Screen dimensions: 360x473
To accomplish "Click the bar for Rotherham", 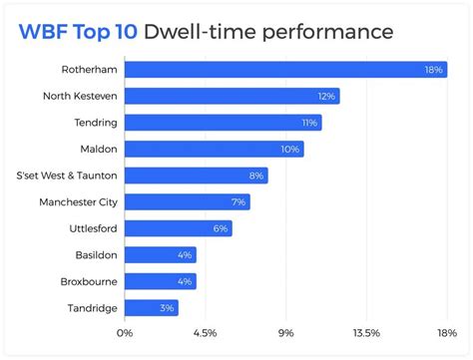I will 279,70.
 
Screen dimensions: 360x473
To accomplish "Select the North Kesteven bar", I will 230,96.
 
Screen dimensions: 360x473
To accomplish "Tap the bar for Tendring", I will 220,123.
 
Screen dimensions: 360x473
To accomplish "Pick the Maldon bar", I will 210,149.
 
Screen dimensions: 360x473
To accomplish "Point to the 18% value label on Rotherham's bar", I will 434,70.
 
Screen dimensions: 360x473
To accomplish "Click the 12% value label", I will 326,96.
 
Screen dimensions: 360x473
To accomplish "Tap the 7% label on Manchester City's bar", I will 238,202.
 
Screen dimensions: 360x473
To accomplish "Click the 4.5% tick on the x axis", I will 204,333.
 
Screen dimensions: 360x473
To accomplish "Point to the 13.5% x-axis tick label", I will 366,333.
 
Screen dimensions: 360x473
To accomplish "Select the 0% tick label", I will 125,333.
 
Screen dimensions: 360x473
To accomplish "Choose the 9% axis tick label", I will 285,333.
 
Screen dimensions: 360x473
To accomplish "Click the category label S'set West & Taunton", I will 66,176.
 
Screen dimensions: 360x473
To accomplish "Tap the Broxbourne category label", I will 88,281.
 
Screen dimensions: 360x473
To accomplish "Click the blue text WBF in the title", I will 42,32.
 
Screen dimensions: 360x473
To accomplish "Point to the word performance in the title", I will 327,32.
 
